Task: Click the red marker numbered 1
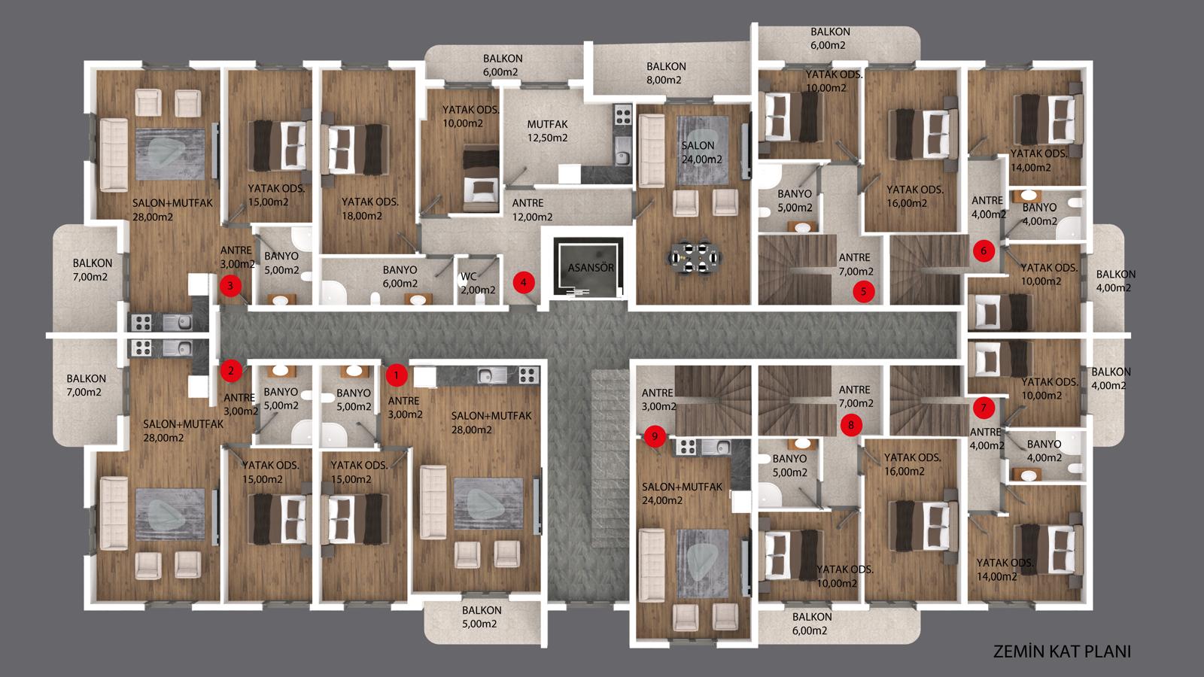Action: tap(397, 375)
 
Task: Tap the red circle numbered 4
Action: tap(524, 282)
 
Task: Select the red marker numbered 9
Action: tap(655, 436)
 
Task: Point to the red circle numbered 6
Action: tap(984, 250)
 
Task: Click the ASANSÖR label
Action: tap(591, 268)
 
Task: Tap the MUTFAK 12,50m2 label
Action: tap(547, 131)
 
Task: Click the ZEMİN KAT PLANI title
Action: tap(1062, 651)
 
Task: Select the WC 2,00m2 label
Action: tap(478, 283)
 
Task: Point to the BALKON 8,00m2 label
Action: tap(666, 73)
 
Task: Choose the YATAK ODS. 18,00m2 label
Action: tap(369, 208)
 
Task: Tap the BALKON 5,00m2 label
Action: tap(482, 617)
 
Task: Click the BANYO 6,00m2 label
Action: tap(400, 276)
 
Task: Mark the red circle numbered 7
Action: tap(984, 407)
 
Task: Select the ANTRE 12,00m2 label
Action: tap(531, 210)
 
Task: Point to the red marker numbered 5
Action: tap(864, 291)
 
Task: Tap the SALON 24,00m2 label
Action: tap(701, 152)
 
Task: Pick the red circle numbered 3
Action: tap(230, 285)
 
